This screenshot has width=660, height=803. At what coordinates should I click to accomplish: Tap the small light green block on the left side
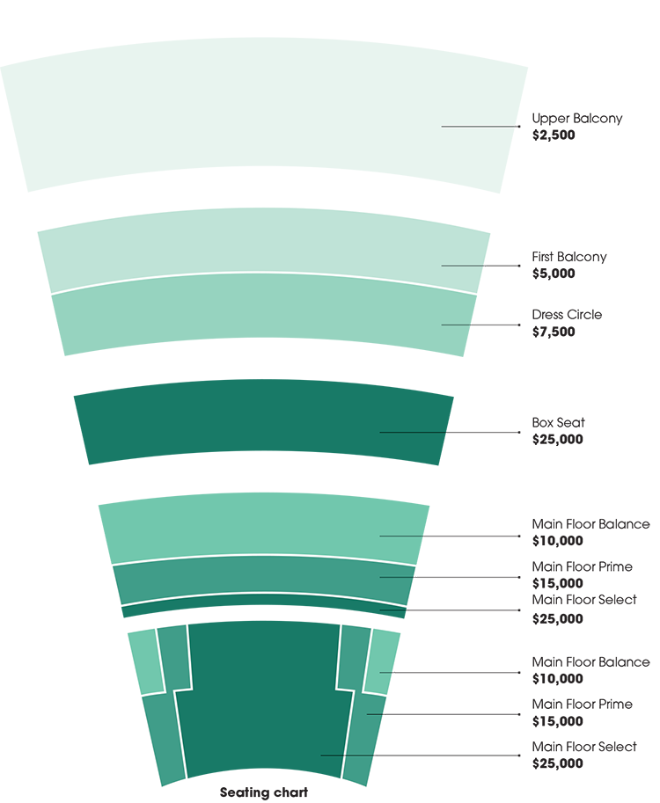pos(145,660)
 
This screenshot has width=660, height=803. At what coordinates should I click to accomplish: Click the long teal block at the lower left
pos(158,739)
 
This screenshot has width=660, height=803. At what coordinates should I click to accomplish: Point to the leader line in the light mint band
pos(463,265)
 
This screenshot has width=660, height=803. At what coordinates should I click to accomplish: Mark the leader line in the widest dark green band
pos(414,432)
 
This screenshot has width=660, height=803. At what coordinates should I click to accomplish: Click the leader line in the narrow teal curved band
pos(397,577)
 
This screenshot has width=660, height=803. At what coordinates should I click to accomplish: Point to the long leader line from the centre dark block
pos(348,755)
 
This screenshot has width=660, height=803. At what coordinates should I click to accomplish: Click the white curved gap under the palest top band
pos(264,196)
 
